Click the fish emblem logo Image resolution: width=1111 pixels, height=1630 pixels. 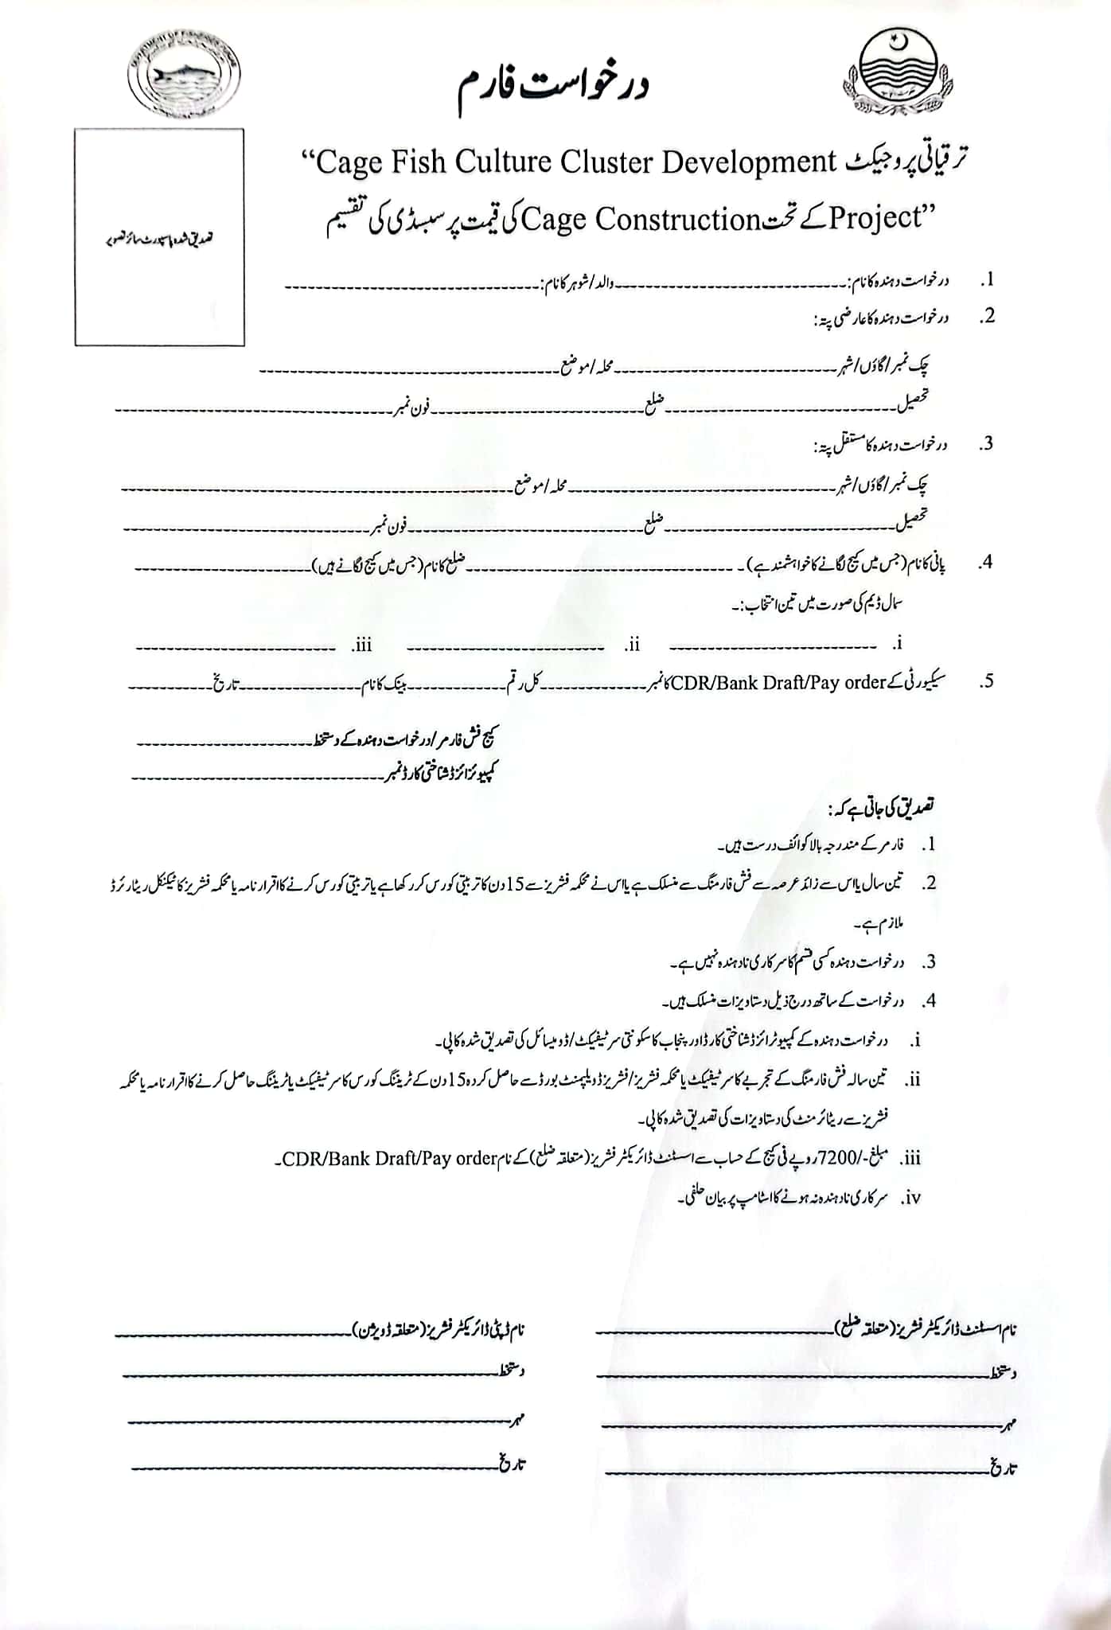tap(184, 76)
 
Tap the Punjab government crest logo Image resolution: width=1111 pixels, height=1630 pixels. tap(897, 72)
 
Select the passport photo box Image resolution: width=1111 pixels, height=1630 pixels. tap(159, 237)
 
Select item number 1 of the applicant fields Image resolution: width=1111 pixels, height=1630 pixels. tap(987, 280)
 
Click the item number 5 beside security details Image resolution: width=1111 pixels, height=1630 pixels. tap(987, 681)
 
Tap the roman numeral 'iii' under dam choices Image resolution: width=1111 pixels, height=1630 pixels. tap(362, 645)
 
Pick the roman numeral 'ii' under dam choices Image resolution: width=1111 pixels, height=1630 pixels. tap(633, 645)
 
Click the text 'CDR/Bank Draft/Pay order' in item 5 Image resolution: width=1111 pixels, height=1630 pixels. tap(778, 683)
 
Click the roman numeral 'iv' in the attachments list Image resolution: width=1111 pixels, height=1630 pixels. tap(912, 1198)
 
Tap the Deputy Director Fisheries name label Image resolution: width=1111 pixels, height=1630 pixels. tap(439, 1330)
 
